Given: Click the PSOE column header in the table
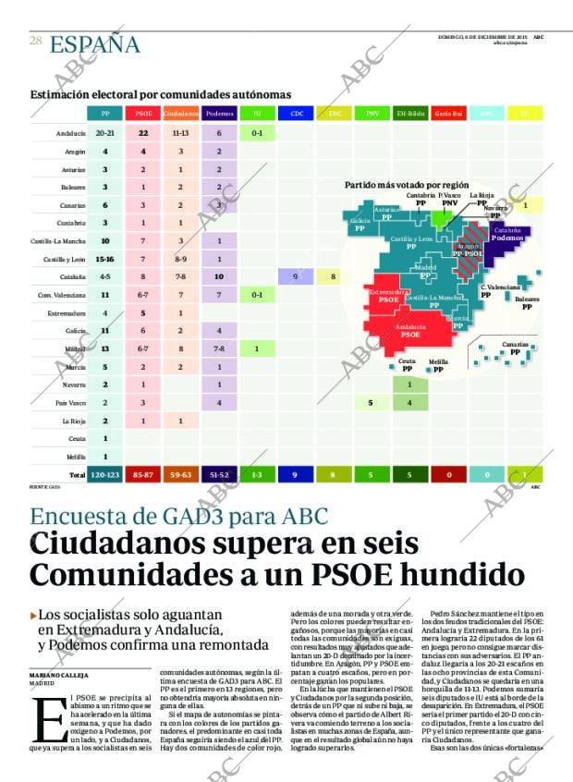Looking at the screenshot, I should [143, 114].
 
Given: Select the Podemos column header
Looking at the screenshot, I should [219, 114].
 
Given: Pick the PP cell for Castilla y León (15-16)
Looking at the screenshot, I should [104, 259].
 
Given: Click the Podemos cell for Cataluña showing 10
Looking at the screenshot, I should [219, 276].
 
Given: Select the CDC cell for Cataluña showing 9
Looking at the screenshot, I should [295, 276].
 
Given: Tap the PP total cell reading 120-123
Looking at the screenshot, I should [104, 474].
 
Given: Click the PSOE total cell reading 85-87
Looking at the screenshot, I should [143, 474].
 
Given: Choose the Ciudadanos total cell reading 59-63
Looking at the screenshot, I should [181, 474].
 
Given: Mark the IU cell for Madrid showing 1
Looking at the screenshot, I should [256, 348].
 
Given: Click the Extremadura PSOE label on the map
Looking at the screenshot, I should [388, 296].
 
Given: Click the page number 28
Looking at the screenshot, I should [35, 41].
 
